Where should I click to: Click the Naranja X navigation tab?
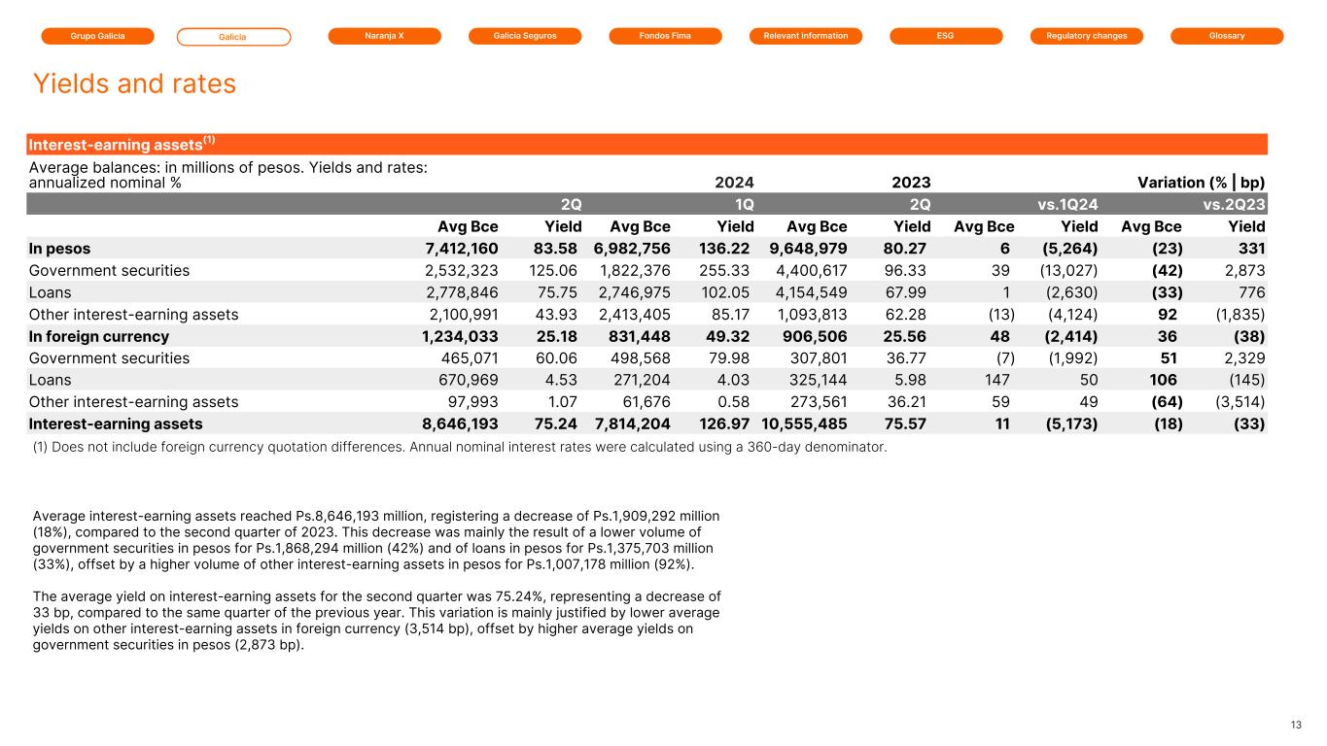point(384,36)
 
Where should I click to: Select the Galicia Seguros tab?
point(524,36)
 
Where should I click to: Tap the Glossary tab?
point(1227,36)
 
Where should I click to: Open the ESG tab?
point(946,36)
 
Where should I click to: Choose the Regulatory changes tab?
point(1086,36)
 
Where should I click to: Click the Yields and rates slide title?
point(134,85)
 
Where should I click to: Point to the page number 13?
point(1295,725)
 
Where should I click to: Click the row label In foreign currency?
point(99,336)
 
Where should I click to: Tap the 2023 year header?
point(911,182)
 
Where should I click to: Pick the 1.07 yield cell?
point(564,402)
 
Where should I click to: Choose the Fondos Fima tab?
point(665,36)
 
